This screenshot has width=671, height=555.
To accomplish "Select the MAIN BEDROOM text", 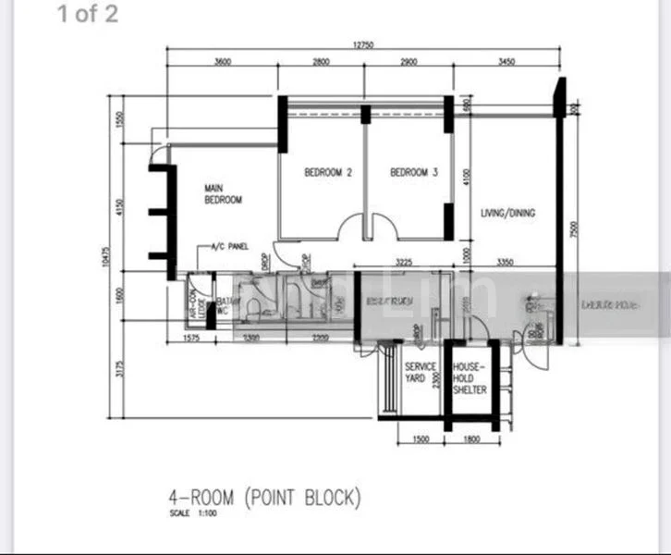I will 223,194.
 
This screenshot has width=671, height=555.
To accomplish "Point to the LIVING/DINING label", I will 507,213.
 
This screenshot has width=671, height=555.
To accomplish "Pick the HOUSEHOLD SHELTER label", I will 469,378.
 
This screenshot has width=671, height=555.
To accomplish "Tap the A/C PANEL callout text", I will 231,247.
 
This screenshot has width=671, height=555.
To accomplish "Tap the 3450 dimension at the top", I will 506,62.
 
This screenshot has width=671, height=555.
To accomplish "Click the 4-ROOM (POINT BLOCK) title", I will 263,499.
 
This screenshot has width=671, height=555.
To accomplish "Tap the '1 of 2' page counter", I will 88,15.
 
